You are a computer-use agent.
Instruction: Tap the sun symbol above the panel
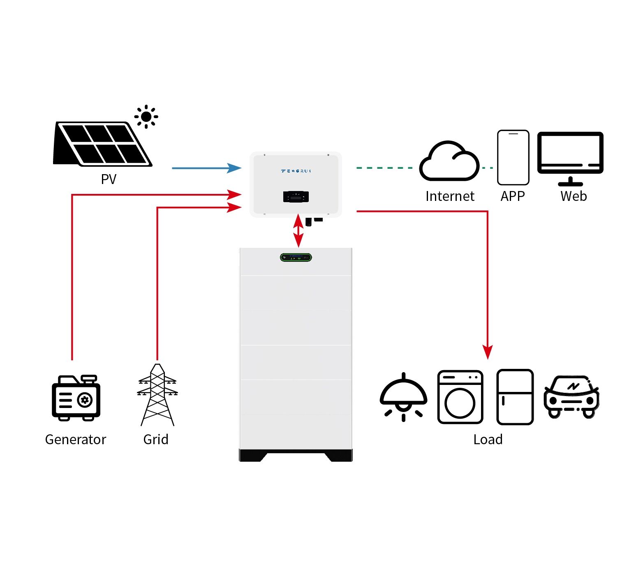tap(146, 117)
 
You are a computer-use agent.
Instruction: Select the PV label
tap(109, 179)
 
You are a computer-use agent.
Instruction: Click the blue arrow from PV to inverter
tap(206, 168)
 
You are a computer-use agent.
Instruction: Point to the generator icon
tap(76, 398)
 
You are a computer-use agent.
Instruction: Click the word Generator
tap(76, 440)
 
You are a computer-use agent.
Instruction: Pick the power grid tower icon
tap(157, 395)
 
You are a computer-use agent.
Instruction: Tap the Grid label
tap(156, 440)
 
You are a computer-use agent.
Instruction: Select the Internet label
tap(450, 196)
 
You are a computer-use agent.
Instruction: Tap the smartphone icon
tap(513, 158)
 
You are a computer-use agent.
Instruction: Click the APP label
tap(513, 196)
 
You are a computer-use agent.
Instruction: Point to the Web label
tap(574, 196)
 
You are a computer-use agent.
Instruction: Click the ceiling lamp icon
tap(403, 397)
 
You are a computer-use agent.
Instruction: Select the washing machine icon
tap(460, 397)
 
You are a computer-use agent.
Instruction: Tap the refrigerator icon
tap(515, 397)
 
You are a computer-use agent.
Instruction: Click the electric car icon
tap(571, 397)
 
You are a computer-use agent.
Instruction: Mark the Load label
tap(488, 440)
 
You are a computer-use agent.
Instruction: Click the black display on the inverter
tap(296, 197)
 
